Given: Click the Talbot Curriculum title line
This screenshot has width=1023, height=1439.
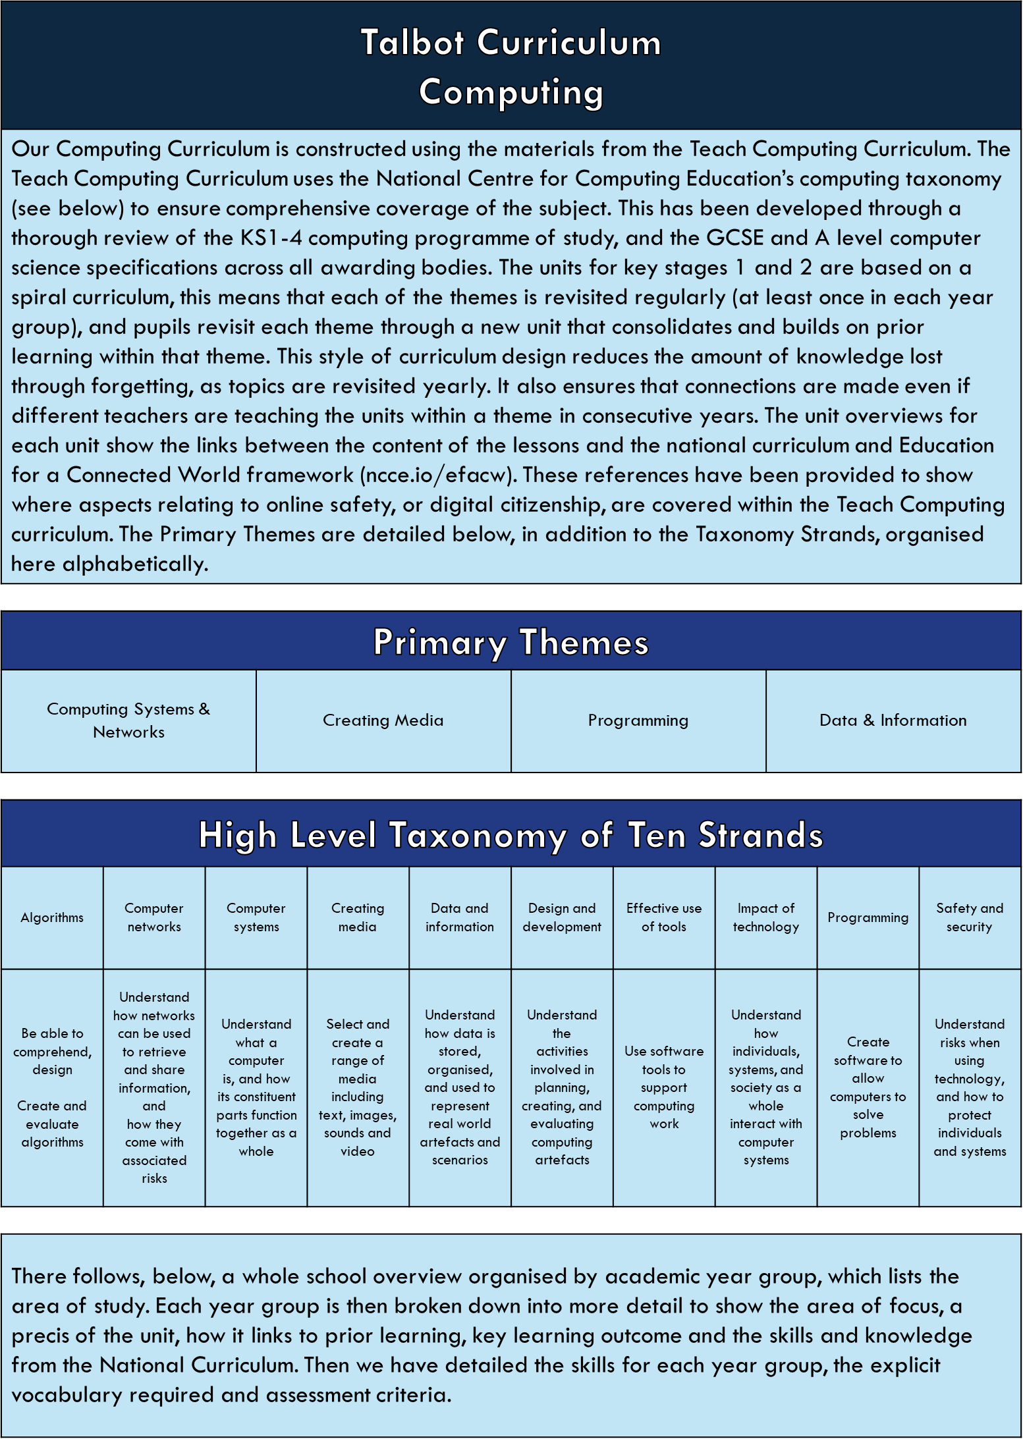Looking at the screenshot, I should click(511, 43).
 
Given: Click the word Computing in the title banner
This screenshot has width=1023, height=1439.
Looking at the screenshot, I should click(511, 92).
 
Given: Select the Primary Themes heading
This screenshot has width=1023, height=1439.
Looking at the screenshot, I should click(511, 642).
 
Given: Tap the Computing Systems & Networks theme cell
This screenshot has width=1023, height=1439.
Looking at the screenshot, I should click(128, 720).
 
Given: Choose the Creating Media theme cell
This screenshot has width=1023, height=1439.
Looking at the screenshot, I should click(383, 720).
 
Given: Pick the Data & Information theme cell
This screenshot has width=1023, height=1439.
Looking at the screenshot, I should click(893, 720).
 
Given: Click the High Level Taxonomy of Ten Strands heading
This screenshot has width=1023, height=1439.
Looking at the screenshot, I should click(511, 835).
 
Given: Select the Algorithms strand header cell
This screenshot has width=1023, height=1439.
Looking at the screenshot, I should click(52, 917).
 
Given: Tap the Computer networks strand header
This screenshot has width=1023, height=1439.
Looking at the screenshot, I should click(154, 917).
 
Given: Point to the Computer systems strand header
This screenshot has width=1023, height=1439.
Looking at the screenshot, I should click(256, 917).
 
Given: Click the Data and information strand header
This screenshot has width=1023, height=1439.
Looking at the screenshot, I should click(460, 917).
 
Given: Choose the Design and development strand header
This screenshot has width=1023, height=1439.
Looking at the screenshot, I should click(562, 917).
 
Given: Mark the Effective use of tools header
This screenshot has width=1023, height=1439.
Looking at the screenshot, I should click(664, 917).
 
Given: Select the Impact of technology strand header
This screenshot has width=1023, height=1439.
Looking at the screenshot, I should click(766, 917).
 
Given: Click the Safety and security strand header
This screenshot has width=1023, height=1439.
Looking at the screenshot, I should click(970, 917).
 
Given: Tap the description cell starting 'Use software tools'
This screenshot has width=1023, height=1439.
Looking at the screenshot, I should click(664, 1087).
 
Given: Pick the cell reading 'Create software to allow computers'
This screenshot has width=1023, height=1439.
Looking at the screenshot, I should click(868, 1087).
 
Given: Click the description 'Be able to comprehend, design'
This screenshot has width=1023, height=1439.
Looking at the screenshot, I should click(52, 1087).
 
